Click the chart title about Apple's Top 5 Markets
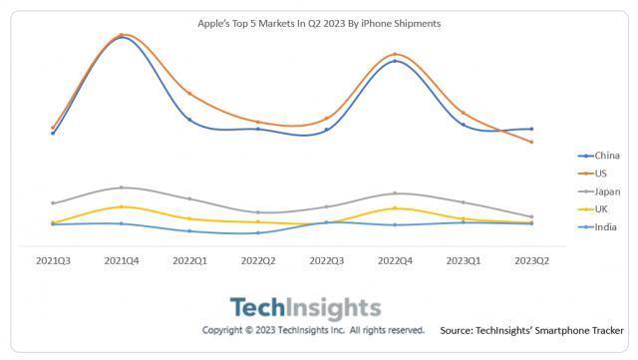pyautogui.click(x=318, y=21)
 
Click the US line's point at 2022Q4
pyautogui.click(x=395, y=54)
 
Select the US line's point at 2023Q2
pyautogui.click(x=531, y=143)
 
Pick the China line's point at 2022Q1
pyautogui.click(x=189, y=120)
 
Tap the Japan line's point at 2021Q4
pyautogui.click(x=122, y=187)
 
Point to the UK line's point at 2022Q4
pyautogui.click(x=395, y=208)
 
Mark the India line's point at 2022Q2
pyautogui.click(x=258, y=233)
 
